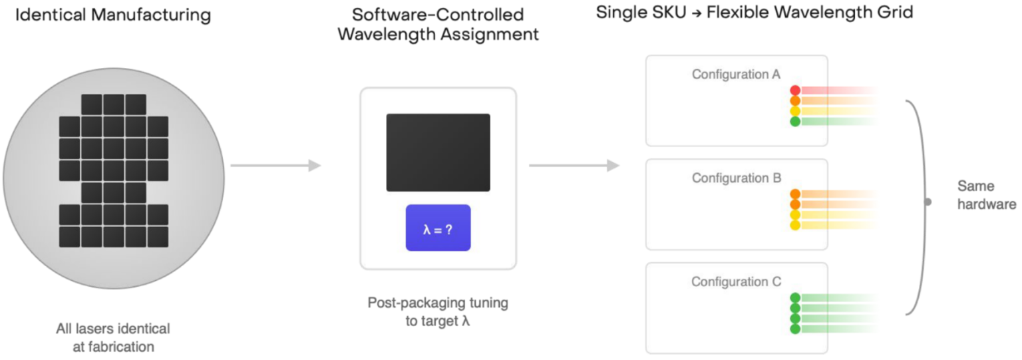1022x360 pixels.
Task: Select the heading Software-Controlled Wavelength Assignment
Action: click(x=438, y=25)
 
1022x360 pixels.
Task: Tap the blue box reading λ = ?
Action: click(x=438, y=228)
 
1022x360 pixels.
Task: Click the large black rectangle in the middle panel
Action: click(x=438, y=152)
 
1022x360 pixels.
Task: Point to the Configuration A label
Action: click(x=736, y=75)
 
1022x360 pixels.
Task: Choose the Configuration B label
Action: click(x=736, y=178)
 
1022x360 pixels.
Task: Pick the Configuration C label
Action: click(x=736, y=282)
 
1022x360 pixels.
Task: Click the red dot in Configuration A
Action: click(x=794, y=90)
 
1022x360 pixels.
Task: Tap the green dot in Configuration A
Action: click(x=794, y=122)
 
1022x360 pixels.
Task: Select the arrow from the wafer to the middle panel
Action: click(x=275, y=165)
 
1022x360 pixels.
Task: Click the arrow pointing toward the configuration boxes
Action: click(x=574, y=165)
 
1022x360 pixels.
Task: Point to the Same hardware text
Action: click(x=986, y=195)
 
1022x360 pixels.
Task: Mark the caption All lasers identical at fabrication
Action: click(x=112, y=337)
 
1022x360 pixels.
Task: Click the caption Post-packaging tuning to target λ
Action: click(x=438, y=311)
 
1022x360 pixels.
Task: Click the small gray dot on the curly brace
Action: click(x=928, y=202)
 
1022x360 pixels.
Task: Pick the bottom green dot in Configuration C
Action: click(x=794, y=329)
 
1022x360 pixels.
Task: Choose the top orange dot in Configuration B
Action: click(x=794, y=194)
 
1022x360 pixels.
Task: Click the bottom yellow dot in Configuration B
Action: click(x=794, y=226)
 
